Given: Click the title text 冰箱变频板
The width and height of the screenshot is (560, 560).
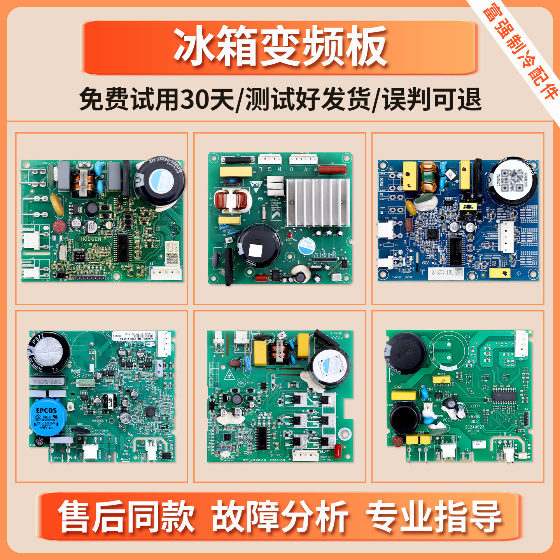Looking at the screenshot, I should tap(280, 47).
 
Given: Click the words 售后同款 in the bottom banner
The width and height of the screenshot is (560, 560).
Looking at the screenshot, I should tap(126, 516).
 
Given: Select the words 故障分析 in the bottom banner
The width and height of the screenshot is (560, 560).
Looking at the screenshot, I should tap(280, 516).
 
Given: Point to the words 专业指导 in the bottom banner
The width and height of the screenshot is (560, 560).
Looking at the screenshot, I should tap(433, 516).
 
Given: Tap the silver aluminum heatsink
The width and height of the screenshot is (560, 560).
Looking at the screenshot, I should tap(317, 202).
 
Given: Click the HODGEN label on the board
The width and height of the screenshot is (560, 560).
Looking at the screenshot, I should tap(91, 239).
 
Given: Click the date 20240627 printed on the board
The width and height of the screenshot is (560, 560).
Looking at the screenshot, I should tap(474, 427).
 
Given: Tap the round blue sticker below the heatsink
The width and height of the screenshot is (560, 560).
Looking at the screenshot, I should tap(306, 246).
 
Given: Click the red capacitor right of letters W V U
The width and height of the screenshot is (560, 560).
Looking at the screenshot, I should tap(333, 170).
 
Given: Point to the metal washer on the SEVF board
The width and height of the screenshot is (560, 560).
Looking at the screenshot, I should tap(344, 432).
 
